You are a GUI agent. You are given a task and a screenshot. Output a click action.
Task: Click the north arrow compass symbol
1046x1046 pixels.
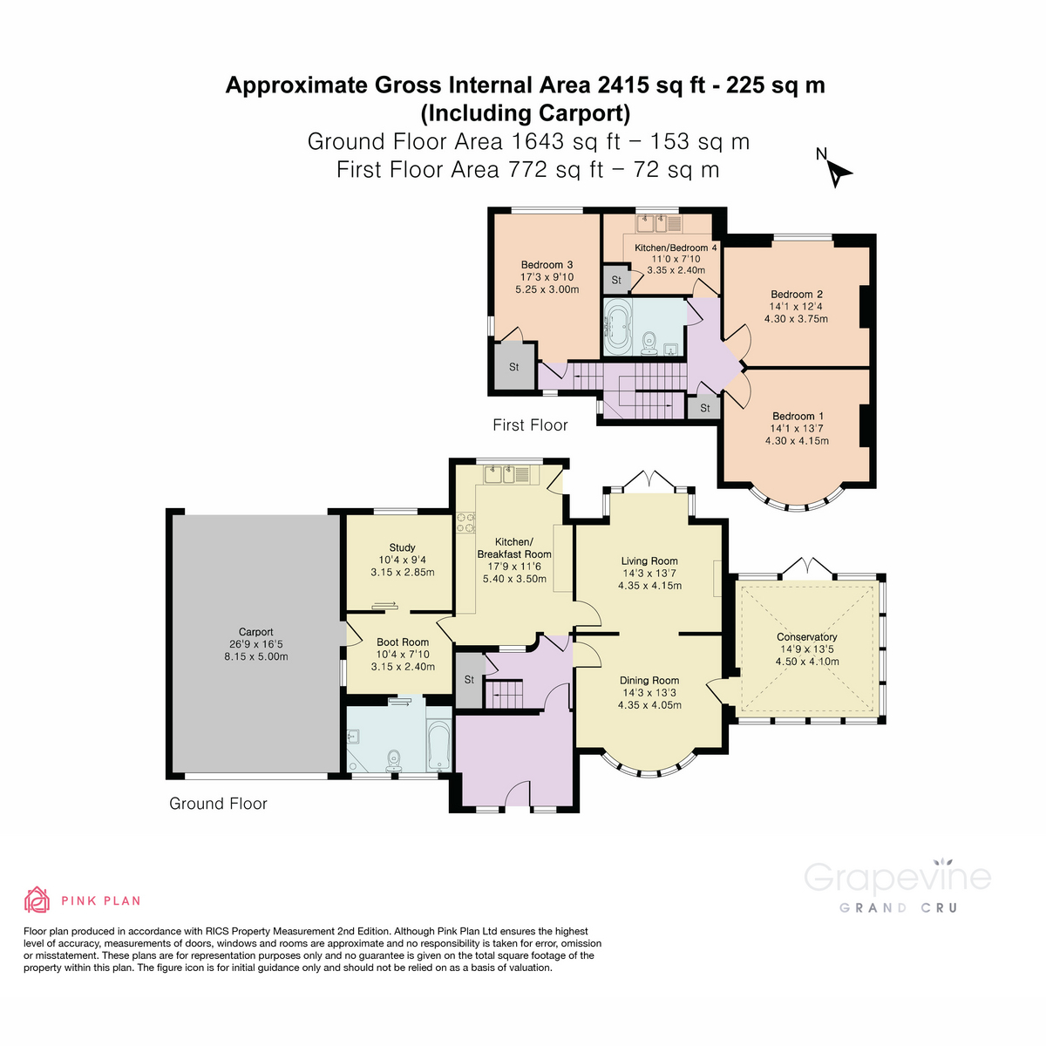pos(838,173)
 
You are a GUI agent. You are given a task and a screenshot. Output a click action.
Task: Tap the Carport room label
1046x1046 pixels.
pos(256,632)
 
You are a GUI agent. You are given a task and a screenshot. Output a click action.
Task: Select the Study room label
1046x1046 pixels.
pos(402,547)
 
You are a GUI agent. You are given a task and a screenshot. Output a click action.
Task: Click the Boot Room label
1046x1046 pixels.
pos(403,642)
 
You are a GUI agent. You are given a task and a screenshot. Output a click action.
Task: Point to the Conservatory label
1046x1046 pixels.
pos(806,637)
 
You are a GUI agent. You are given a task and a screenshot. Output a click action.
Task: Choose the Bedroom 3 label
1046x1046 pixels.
pos(547,265)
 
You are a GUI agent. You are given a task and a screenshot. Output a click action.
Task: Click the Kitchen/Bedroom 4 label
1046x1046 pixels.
pos(676,248)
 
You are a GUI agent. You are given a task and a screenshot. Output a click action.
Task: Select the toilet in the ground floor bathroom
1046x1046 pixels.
pos(393,759)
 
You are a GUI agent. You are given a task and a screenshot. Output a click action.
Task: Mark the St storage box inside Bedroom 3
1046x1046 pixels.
pos(513,367)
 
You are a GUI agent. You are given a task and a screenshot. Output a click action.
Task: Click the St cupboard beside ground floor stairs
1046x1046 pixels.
pos(469,680)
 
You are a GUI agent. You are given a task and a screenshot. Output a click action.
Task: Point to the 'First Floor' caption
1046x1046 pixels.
pos(530,425)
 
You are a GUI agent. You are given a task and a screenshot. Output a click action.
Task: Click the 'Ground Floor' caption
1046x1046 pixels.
pos(218,804)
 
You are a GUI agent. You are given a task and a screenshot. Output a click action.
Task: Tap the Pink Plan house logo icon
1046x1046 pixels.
pos(37,900)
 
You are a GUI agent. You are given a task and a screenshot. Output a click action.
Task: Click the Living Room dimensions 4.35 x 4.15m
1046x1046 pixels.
pos(649,586)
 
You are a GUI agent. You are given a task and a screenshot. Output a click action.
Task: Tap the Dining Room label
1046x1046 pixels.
pos(649,681)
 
